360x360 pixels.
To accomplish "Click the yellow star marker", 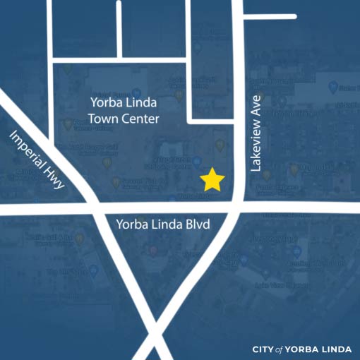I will [212, 180].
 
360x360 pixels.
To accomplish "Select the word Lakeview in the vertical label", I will [256, 145].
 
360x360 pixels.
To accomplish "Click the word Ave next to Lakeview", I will [256, 106].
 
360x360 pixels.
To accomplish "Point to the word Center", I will [140, 119].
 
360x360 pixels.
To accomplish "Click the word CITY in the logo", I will [263, 349].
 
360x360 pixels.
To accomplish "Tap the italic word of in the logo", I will [280, 349].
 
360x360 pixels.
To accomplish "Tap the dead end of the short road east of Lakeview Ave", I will [294, 16].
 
